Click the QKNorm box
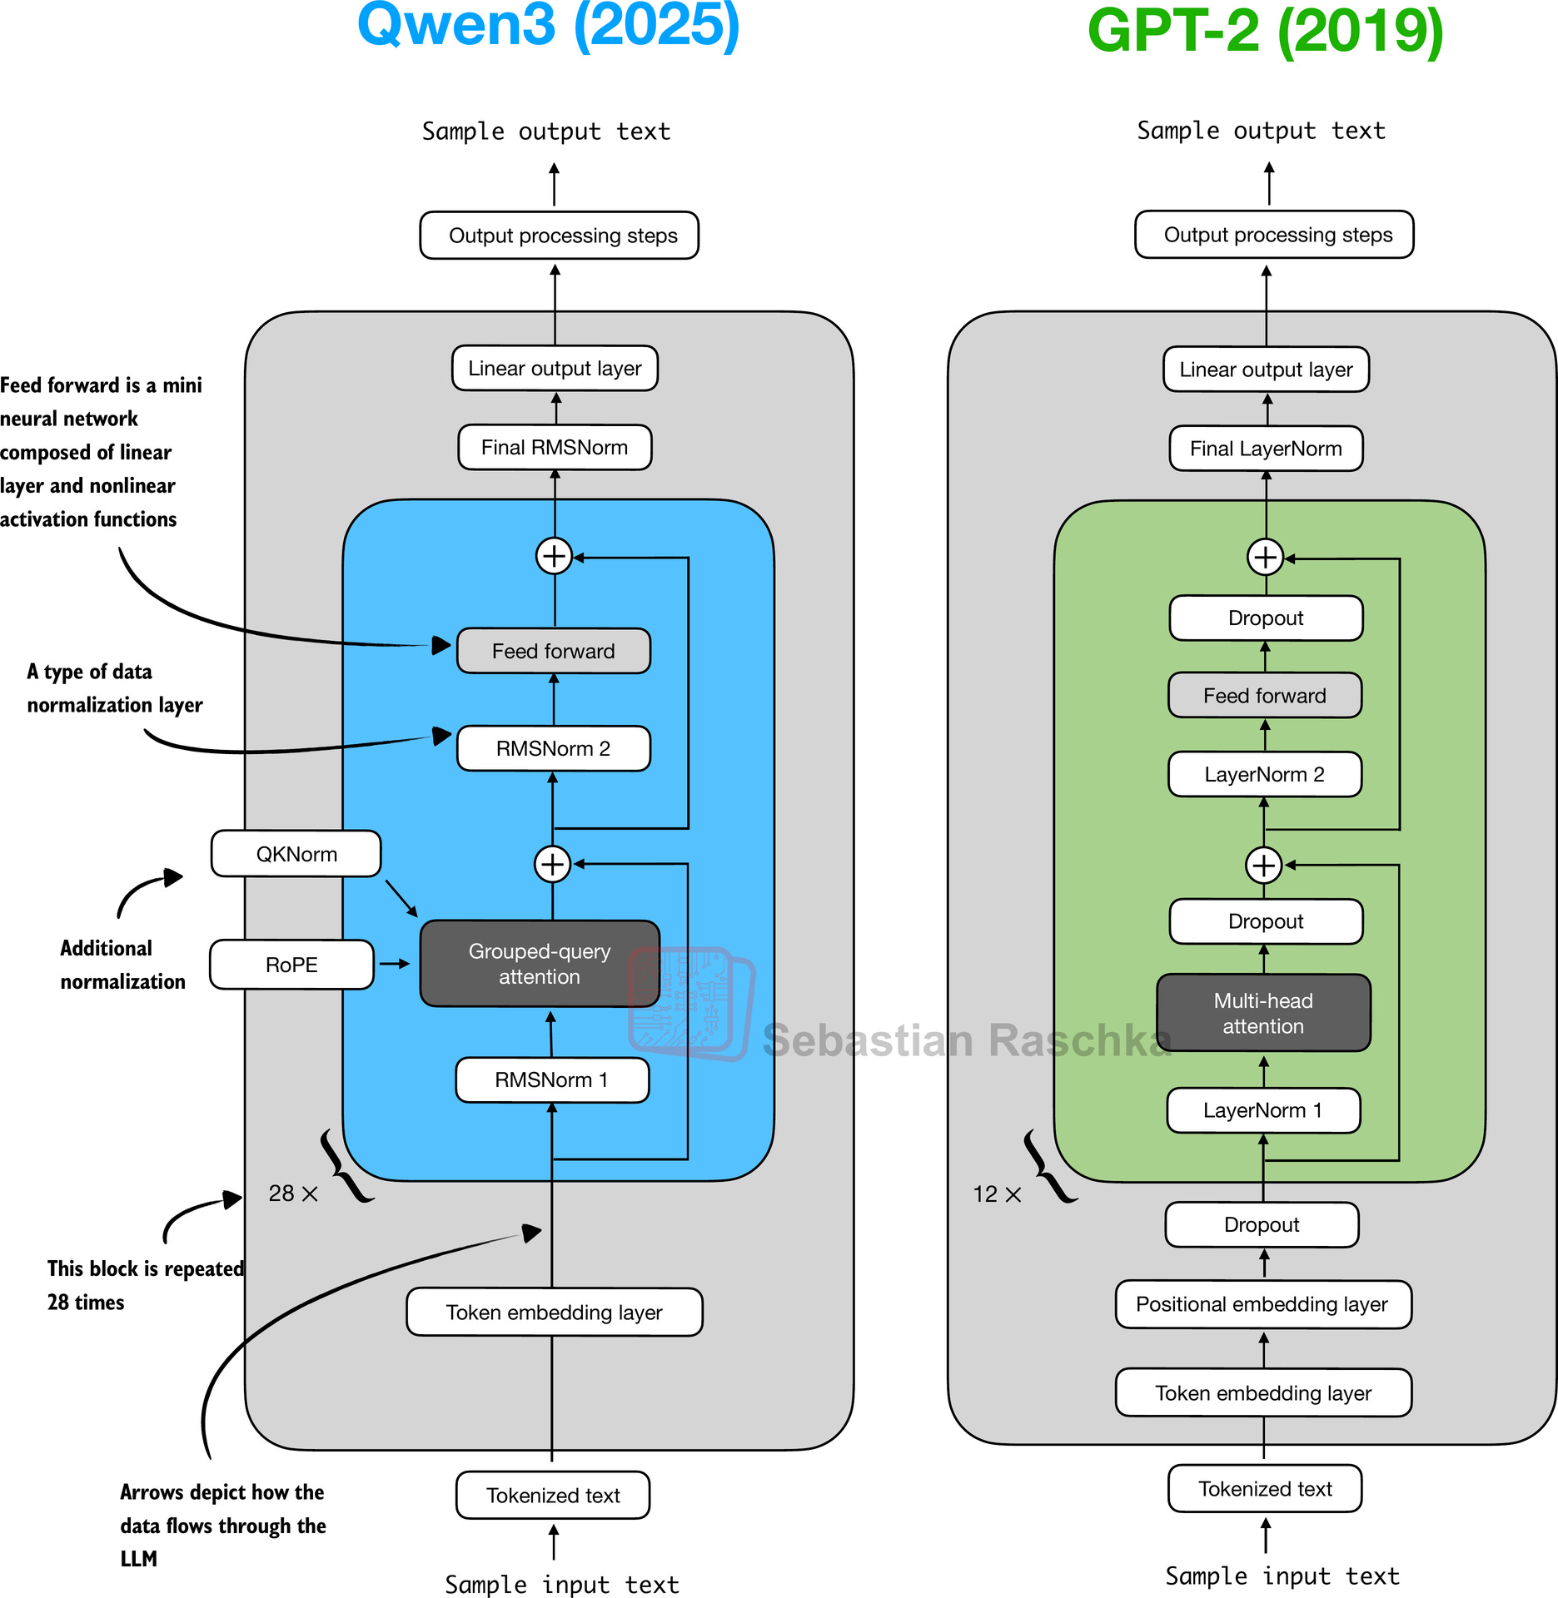pos(296,854)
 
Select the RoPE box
pos(291,965)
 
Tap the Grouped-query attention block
pos(540,964)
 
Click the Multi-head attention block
pos(1263,1013)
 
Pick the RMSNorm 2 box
pos(553,748)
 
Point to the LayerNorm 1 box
pos(1263,1110)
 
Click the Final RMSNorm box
pos(555,448)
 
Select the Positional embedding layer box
pos(1262,1304)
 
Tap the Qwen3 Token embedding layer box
pos(554,1313)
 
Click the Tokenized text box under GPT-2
pos(1265,1489)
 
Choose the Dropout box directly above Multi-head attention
pos(1266,921)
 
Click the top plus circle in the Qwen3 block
pos(554,556)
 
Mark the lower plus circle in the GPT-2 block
pos(1264,866)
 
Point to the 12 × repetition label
pos(997,1194)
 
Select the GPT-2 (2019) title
pos(1265,32)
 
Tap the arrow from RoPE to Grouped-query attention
pos(394,964)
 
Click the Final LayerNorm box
pos(1266,449)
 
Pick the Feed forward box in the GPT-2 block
pos(1264,696)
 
